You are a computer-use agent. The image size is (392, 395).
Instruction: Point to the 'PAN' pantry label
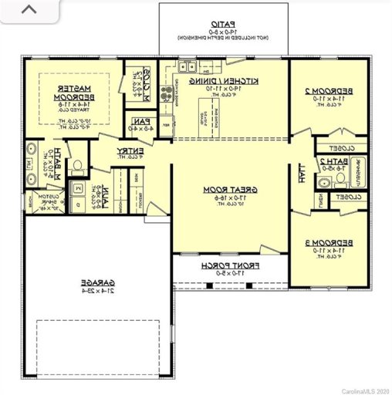coord(140,121)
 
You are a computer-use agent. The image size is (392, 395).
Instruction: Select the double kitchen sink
coord(187,68)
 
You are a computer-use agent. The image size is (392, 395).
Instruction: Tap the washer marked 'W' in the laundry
coord(79,189)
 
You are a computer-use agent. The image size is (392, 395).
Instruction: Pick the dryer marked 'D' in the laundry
coord(79,205)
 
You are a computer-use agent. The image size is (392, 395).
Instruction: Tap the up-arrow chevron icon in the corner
coord(29,11)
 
